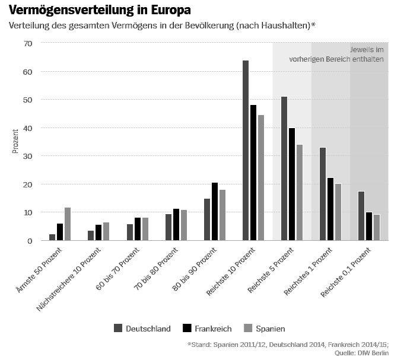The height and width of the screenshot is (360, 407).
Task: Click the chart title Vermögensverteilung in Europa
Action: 100,11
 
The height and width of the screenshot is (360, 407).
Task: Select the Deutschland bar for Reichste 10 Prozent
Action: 246,151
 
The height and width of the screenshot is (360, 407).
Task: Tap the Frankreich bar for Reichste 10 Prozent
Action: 253,173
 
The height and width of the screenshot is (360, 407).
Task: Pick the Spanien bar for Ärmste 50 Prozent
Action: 68,224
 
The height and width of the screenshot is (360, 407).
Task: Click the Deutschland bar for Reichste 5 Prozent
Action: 284,168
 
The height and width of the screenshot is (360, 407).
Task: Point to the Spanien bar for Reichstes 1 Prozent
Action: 338,212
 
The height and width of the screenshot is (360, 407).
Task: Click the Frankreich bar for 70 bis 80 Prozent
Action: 176,225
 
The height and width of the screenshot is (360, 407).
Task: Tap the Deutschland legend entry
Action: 142,329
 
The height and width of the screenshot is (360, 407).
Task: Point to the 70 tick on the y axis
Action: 27,43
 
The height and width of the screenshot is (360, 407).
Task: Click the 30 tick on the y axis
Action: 27,156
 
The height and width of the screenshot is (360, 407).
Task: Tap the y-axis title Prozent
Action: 15,142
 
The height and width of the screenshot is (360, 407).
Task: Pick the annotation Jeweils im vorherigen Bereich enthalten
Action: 336,54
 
